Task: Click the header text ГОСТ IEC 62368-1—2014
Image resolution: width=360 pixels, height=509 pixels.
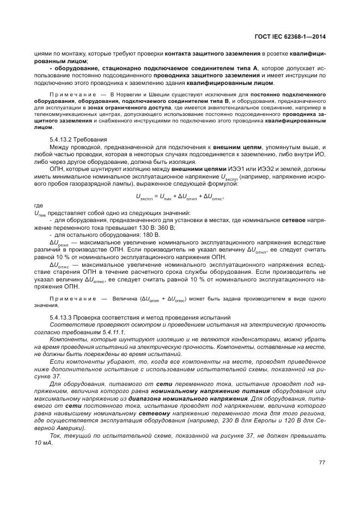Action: pyautogui.click(x=294, y=36)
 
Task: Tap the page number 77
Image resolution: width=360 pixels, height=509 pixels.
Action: pyautogui.click(x=322, y=463)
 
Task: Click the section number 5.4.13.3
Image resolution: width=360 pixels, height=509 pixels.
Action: pyautogui.click(x=64, y=317)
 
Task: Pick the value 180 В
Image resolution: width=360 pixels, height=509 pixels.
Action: pyautogui.click(x=151, y=234)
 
